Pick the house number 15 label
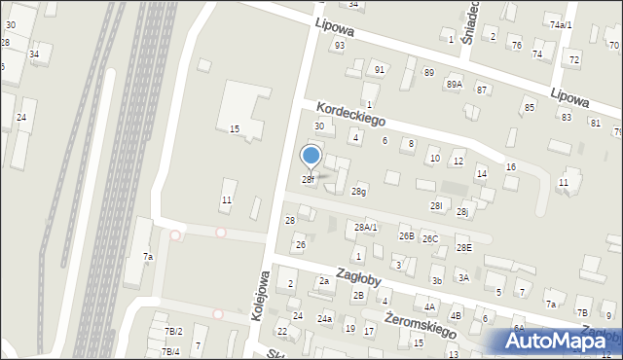coord(235,128)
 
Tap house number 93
coord(340,46)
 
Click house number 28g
coord(359,192)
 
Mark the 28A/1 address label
coord(365,228)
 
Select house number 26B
coord(406,236)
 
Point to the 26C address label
coord(430,239)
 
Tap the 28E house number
coord(464,248)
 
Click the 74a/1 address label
coord(561,24)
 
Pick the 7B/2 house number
coord(172,332)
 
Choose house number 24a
coord(324,318)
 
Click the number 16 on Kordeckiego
coord(510,167)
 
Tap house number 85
coord(530,107)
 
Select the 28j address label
coord(462,211)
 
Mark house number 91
coord(380,70)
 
